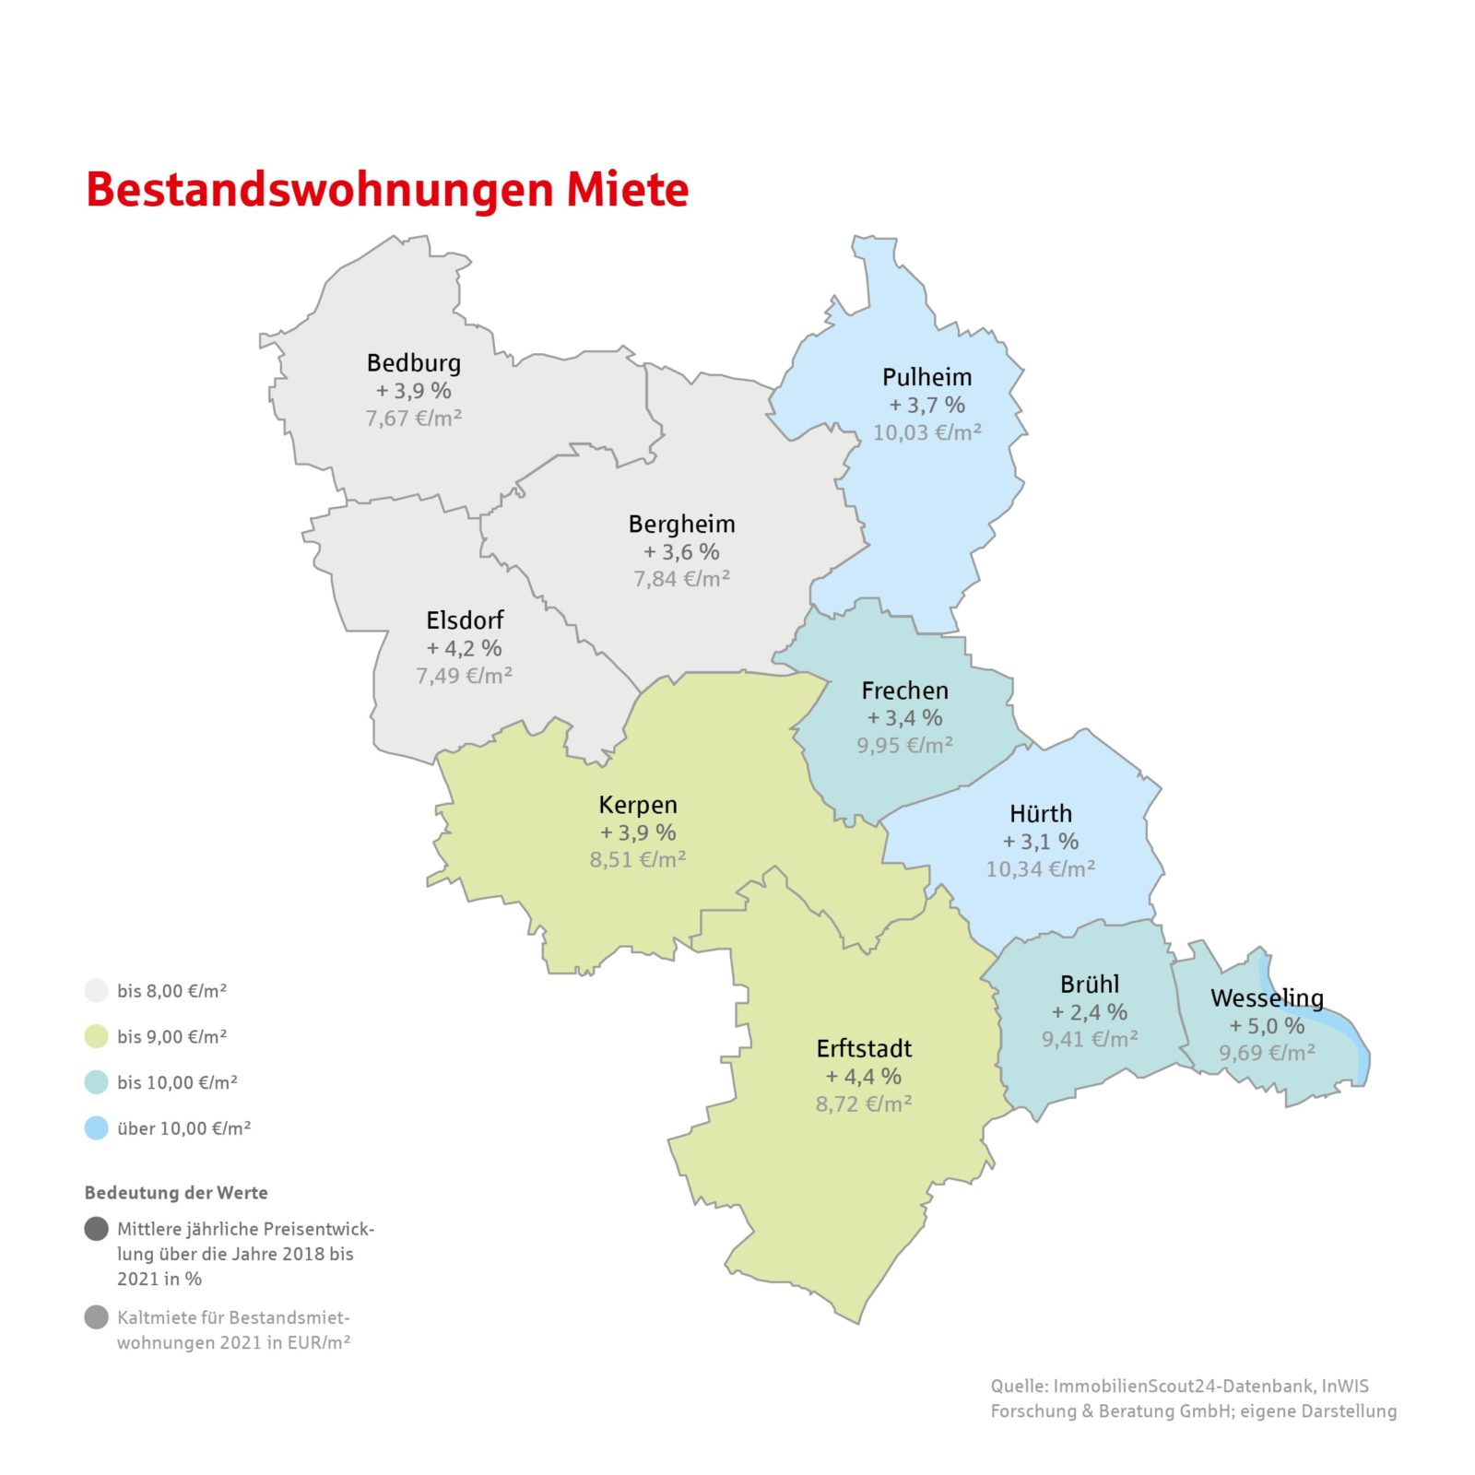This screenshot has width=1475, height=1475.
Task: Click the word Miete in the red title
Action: (x=627, y=190)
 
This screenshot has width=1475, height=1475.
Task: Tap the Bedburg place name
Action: (x=413, y=363)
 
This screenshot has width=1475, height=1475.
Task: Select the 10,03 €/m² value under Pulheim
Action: (x=926, y=432)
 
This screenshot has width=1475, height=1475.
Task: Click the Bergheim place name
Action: (x=681, y=525)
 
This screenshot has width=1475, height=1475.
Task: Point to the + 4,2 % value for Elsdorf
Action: (x=464, y=648)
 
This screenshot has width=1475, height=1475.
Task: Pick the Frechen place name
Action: (x=904, y=690)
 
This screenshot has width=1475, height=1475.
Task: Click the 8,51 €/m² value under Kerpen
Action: (x=638, y=859)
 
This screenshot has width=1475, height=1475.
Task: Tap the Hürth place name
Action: (x=1040, y=814)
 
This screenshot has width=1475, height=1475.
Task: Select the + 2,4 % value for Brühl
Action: (x=1089, y=1012)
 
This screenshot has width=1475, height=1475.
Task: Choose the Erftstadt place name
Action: (x=864, y=1049)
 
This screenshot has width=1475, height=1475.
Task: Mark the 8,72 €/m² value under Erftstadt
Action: (x=864, y=1103)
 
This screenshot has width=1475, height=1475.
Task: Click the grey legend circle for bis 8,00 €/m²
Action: (x=97, y=991)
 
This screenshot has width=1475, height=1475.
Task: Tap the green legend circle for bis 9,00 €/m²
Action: (x=97, y=1036)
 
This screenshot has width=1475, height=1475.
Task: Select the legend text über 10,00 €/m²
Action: (x=183, y=1128)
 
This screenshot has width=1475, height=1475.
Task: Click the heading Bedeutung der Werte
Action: (x=176, y=1193)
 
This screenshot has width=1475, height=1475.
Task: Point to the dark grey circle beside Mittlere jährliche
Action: (x=97, y=1229)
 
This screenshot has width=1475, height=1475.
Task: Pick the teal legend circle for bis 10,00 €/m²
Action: (x=97, y=1082)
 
